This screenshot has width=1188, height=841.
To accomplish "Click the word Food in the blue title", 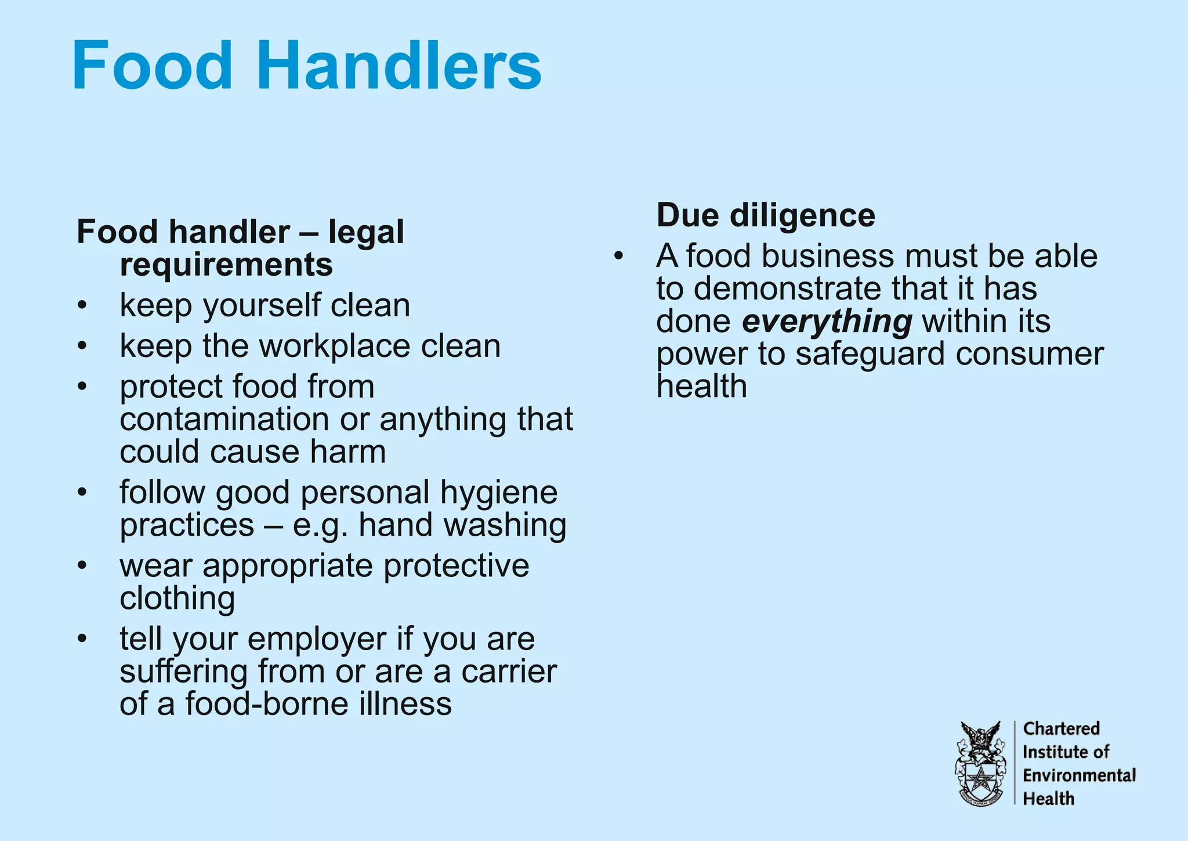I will [x=152, y=65].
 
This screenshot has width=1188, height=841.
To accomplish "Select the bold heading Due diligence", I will [x=766, y=215].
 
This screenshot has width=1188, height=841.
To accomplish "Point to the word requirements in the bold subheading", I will [x=226, y=265].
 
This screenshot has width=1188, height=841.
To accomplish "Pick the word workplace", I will [x=335, y=346].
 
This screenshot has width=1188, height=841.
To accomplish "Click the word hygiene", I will [x=499, y=493].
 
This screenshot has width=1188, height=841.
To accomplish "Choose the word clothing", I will [x=178, y=599].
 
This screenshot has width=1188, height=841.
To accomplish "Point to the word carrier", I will [x=509, y=672].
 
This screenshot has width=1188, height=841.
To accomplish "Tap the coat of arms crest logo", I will [x=980, y=763].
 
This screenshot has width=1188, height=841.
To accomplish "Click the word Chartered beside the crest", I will [x=1061, y=728].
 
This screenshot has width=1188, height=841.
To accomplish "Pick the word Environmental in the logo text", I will [x=1079, y=775].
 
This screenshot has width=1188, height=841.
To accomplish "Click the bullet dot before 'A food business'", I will [x=619, y=256].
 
